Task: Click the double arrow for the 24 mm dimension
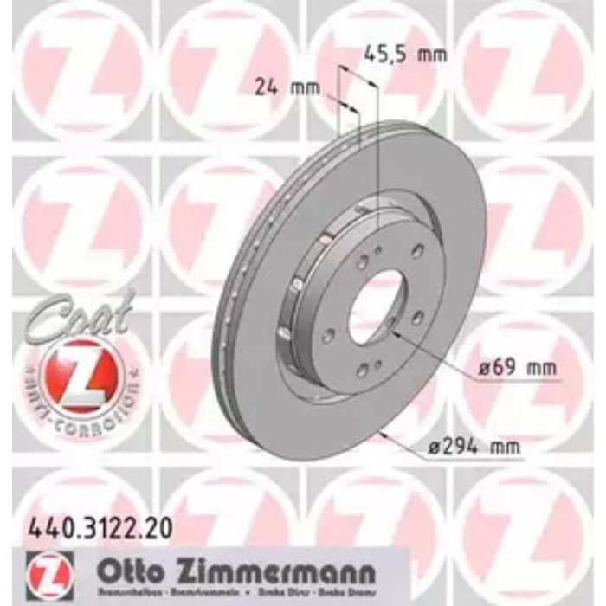350,106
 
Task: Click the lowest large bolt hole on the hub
364,371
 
